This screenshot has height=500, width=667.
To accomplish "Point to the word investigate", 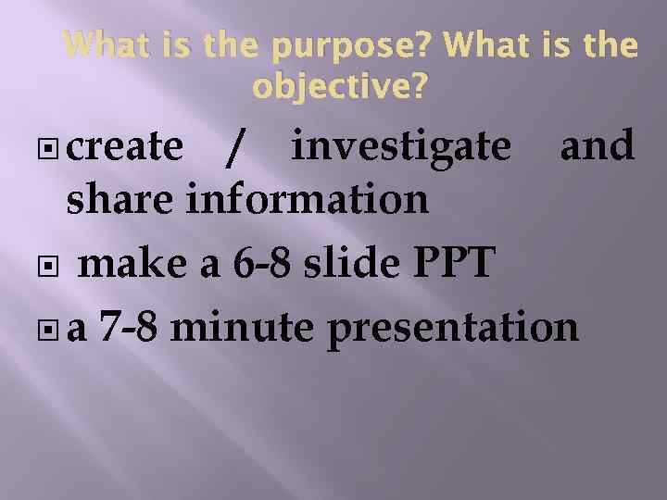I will pyautogui.click(x=399, y=148).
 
